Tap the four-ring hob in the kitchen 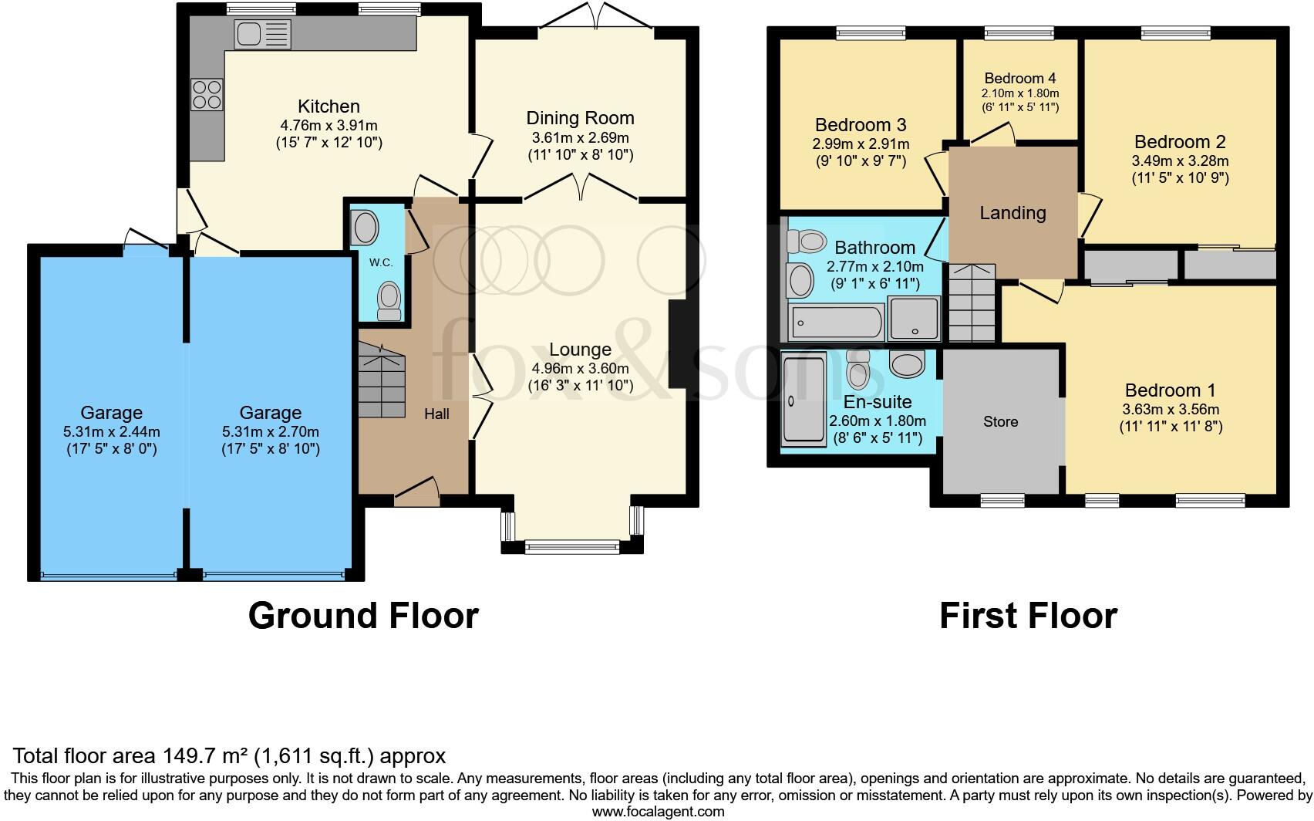pos(207,95)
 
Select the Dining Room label pos(580,118)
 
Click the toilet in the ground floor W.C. pos(389,300)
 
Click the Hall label pos(436,414)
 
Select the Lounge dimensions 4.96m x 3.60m pos(580,369)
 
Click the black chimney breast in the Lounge pos(679,343)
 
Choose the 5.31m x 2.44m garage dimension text pos(112,432)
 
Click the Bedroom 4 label pos(1019,79)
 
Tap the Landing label pos(1012,213)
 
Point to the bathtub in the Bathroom pos(836,323)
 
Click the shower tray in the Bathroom pos(914,318)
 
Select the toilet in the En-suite pos(857,370)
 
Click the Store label pos(1000,422)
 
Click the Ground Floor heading pos(363,616)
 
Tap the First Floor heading pos(1027,616)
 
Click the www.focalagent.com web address pos(658,812)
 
